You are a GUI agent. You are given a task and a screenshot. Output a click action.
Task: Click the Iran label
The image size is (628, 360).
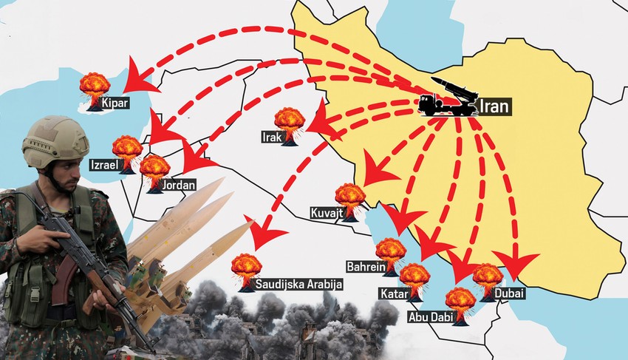point(494,106)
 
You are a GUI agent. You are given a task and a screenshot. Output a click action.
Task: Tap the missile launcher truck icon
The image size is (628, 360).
point(446,96)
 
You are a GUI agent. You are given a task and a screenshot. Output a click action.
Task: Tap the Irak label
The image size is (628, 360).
point(270,137)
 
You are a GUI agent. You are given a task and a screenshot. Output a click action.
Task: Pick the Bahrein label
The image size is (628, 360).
point(366,265)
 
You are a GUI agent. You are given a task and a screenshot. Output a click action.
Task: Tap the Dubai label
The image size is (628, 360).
point(510,294)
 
